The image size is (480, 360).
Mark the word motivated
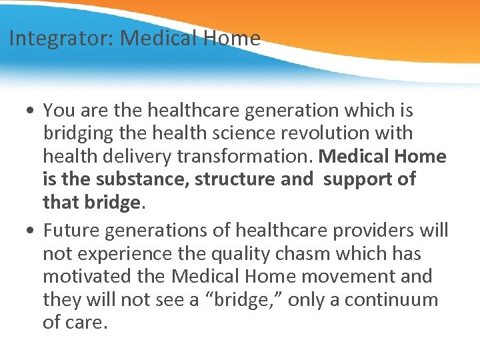point(87,276)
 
